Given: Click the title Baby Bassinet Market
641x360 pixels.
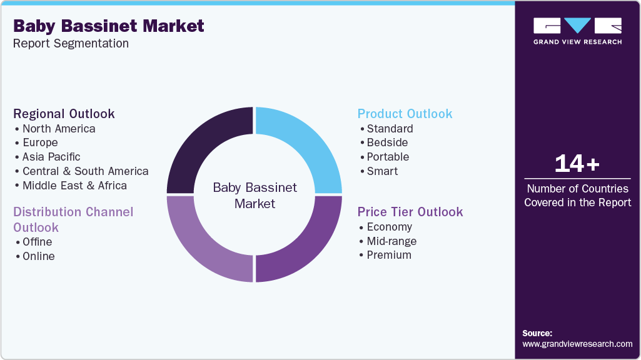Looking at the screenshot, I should (x=108, y=26).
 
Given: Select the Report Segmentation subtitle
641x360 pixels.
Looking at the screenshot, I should (x=71, y=44).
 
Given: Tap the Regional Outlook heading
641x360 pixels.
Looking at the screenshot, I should (x=64, y=114).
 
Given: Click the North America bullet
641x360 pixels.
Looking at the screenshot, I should (x=58, y=129).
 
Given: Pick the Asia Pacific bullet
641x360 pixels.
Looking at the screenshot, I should (x=51, y=157).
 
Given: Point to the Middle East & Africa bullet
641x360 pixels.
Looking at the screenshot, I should (x=74, y=186).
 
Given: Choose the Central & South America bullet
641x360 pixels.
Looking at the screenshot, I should (x=85, y=171).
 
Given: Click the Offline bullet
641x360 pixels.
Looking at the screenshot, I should (x=37, y=242).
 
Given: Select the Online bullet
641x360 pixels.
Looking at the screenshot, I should (x=38, y=256).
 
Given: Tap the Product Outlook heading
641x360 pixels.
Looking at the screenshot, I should (x=405, y=114).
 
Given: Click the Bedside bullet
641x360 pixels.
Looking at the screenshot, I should (x=386, y=142).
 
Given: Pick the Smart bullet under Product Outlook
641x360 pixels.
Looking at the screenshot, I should (x=382, y=171).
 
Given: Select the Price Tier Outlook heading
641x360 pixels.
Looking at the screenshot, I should (x=410, y=212).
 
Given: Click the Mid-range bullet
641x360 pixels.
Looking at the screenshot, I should (x=391, y=241).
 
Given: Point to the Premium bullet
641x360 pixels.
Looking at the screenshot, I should (x=389, y=255).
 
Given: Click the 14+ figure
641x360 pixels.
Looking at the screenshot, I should (x=577, y=164).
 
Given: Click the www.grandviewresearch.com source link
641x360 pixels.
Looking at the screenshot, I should (x=577, y=344).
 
